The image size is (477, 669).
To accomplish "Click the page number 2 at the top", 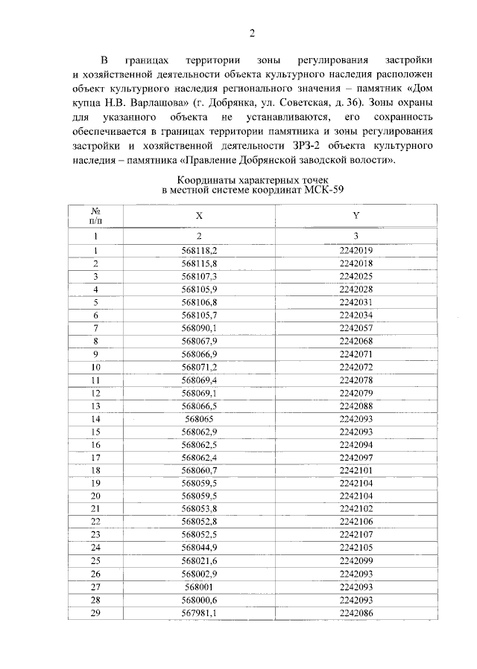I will [252, 33].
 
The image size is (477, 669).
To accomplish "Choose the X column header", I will [199, 215].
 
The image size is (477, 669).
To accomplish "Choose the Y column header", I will [356, 215].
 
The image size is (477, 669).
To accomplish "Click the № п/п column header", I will [95, 215].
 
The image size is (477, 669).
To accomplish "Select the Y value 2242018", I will [356, 263].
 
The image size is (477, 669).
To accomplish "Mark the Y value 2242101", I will [356, 470].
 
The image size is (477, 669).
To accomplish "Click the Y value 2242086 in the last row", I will [356, 612].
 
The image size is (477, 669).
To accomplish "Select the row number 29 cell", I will [95, 612].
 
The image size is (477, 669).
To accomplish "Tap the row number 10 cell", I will [95, 367].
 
